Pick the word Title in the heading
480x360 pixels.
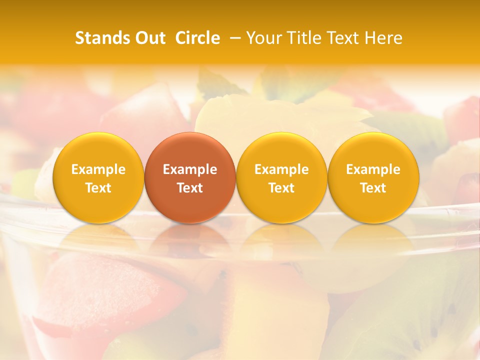306,38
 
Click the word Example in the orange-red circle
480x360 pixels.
190,169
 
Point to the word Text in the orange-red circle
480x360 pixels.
190,188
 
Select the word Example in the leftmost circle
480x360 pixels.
98,169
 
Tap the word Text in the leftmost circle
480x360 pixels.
98,188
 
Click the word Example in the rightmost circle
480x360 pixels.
373,169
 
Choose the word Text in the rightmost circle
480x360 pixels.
373,188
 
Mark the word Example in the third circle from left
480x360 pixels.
281,169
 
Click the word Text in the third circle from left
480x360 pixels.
281,188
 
